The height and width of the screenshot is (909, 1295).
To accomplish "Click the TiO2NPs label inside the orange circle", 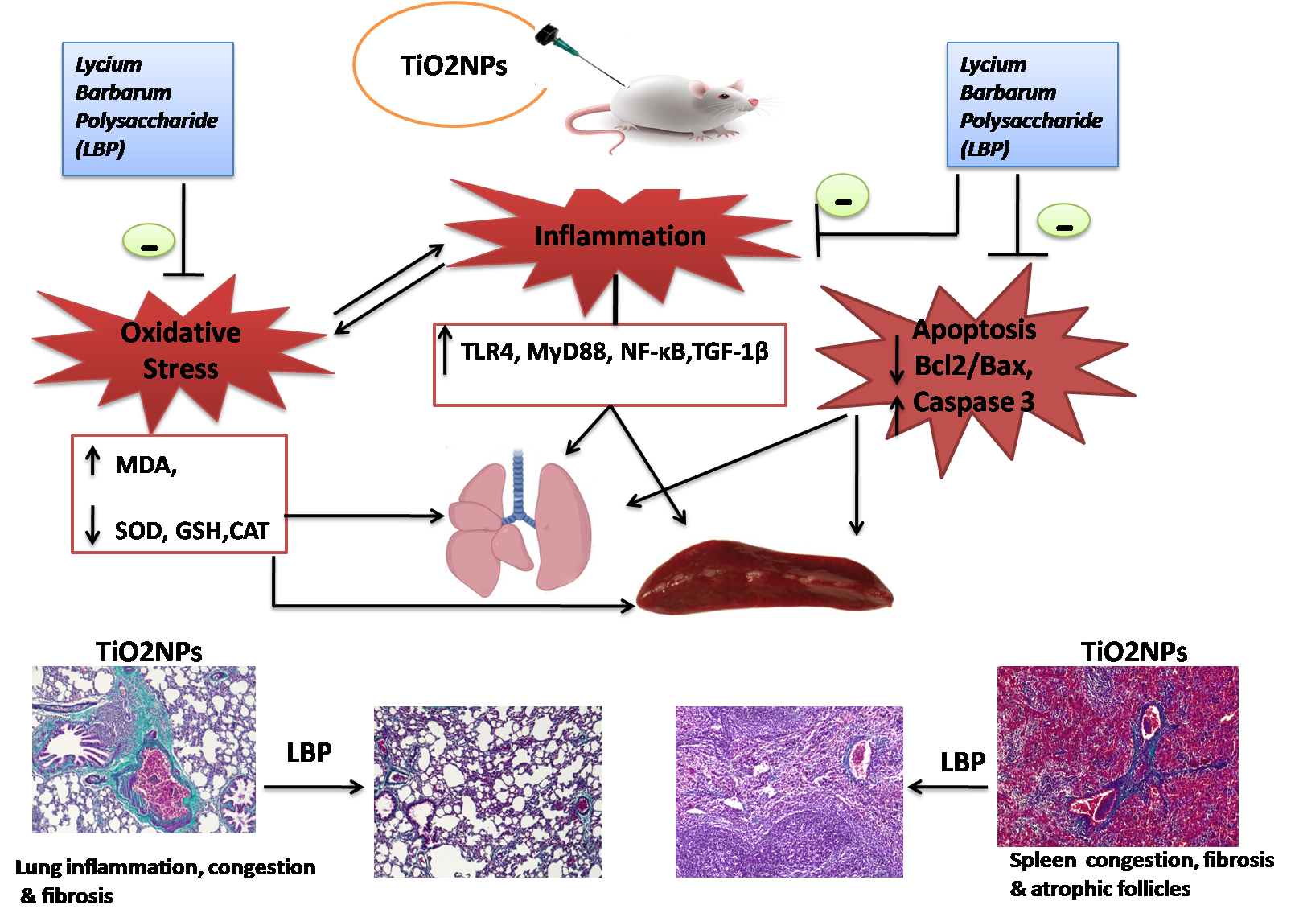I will [454, 66].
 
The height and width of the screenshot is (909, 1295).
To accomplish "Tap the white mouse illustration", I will [676, 109].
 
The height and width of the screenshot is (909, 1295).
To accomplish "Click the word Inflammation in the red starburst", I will [620, 237].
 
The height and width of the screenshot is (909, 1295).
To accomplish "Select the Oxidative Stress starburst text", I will [181, 351].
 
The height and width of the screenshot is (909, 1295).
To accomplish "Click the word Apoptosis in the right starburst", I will [974, 330].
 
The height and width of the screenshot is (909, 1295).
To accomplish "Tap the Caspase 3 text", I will [973, 401].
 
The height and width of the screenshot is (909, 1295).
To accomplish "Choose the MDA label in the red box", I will [146, 465].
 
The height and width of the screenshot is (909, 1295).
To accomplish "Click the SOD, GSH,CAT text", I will [191, 531].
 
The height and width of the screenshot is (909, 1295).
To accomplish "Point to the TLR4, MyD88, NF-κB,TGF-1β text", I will [615, 352].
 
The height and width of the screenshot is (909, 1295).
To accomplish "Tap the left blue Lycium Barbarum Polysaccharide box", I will [148, 109].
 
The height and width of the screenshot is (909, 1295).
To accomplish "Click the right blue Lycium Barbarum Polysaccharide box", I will [1032, 105].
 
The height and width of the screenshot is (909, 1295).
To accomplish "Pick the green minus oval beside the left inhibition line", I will [149, 240].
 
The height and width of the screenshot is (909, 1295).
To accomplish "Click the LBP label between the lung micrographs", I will [309, 753].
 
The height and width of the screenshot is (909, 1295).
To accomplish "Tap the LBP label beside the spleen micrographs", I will [963, 762].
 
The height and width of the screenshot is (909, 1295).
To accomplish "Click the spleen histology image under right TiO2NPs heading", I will [1117, 756].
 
